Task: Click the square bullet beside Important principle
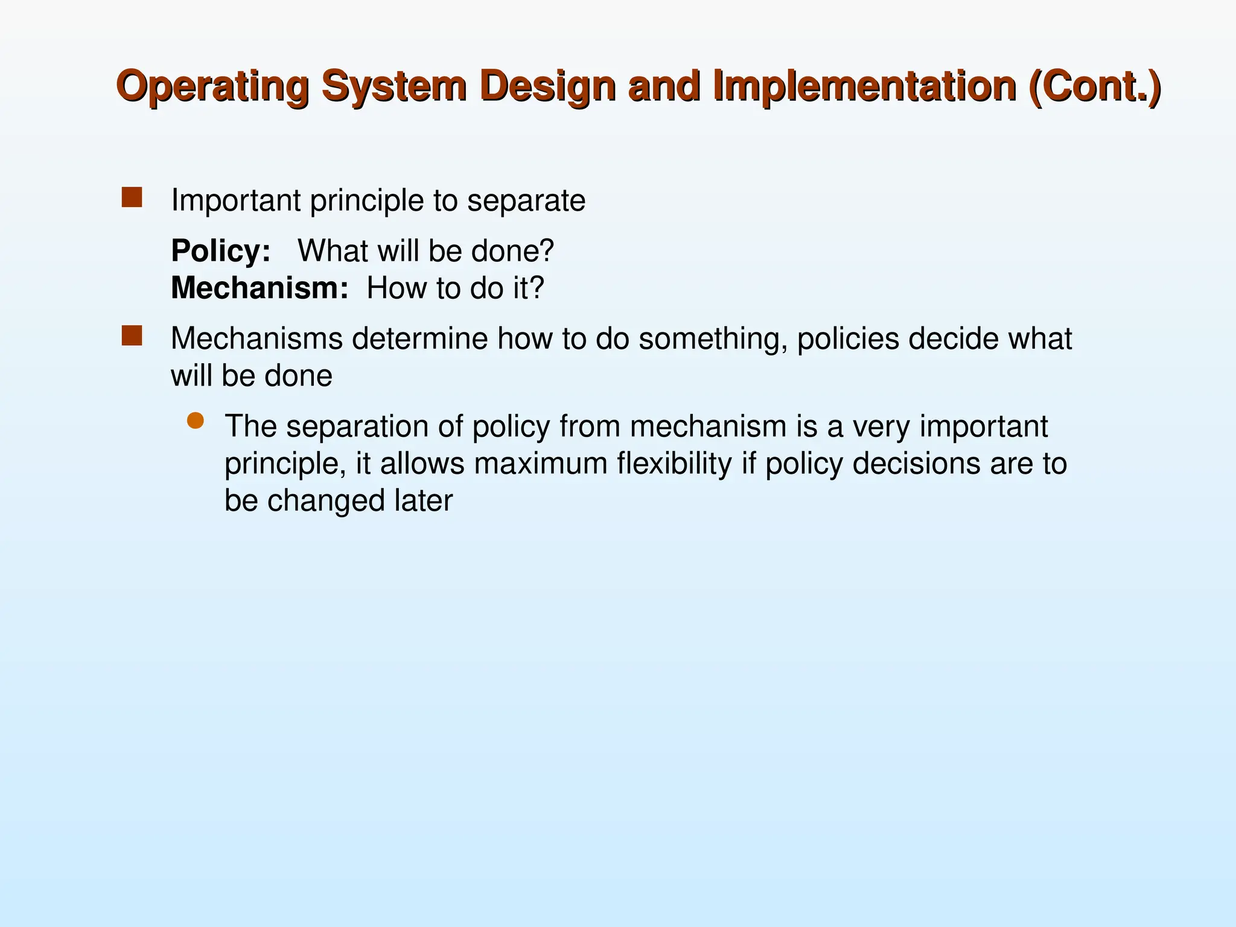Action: [x=132, y=197]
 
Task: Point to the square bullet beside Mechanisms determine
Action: [x=132, y=336]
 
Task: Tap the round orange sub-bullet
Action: [x=196, y=421]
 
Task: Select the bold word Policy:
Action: [x=221, y=251]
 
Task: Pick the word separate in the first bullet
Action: [x=526, y=201]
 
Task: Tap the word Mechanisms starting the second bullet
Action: [x=256, y=339]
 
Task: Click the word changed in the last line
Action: [x=326, y=501]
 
